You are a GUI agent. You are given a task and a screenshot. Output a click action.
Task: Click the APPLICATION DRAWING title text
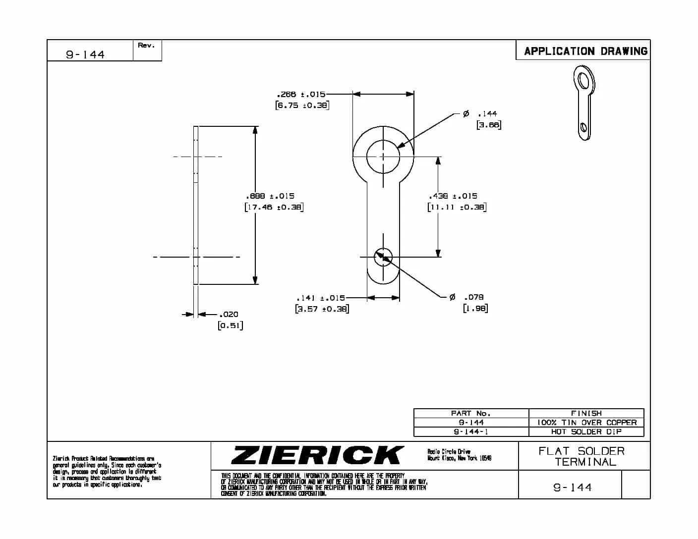click(585, 51)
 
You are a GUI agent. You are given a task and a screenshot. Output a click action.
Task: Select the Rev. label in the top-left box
click(146, 45)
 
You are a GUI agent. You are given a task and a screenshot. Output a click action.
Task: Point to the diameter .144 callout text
click(486, 114)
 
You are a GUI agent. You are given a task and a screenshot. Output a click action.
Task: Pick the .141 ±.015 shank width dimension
click(320, 298)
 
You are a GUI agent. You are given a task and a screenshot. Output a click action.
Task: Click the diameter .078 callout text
click(473, 297)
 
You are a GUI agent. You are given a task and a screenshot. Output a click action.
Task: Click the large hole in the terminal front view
click(383, 157)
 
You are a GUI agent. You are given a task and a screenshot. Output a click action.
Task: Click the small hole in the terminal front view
click(383, 257)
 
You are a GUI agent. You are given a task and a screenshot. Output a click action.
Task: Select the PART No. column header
click(470, 413)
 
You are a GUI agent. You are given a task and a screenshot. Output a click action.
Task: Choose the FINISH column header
click(586, 413)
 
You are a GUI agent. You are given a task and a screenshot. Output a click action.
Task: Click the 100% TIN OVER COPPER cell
click(586, 423)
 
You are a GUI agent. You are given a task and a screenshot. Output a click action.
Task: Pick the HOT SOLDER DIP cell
click(586, 431)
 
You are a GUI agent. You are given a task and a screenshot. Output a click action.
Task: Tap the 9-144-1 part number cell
click(470, 431)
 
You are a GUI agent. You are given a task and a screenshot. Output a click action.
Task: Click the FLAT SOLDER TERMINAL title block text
click(582, 456)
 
